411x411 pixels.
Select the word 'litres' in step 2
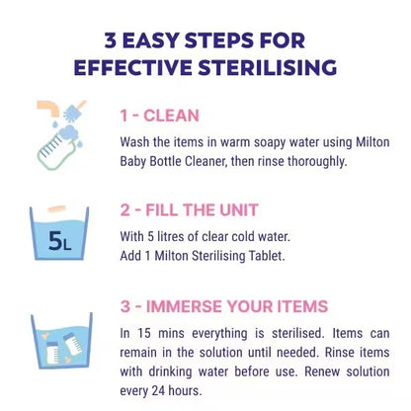(x=184, y=236)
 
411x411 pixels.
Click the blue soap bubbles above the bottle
(x=75, y=109)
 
